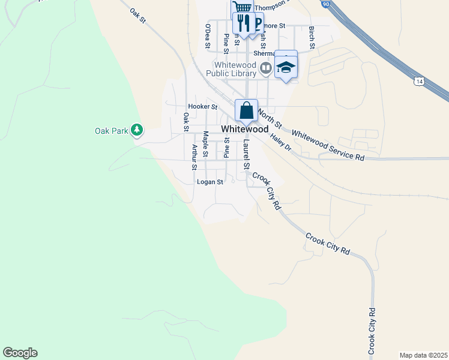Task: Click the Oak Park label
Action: (x=112, y=131)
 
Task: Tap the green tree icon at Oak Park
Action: (x=137, y=130)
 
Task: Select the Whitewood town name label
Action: (x=244, y=129)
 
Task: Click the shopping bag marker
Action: (x=246, y=110)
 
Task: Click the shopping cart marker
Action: (x=242, y=8)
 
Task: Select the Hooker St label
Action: (x=202, y=106)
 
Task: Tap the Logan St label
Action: (x=210, y=182)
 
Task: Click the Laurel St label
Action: (x=246, y=154)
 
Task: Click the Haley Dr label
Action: (x=280, y=143)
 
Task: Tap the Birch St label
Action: (x=312, y=37)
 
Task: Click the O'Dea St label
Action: (x=207, y=36)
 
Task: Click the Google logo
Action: (x=20, y=353)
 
